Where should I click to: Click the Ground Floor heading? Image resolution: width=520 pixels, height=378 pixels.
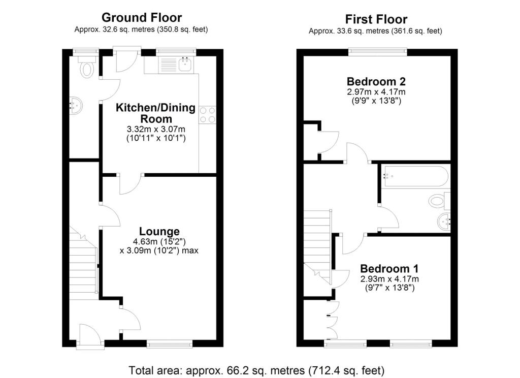pos(141,18)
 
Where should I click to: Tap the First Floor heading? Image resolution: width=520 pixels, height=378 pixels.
pos(376,19)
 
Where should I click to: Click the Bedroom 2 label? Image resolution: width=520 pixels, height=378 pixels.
pos(376,81)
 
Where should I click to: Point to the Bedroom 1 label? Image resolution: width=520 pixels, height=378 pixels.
pos(389,269)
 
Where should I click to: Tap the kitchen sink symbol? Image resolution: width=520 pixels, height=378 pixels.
pos(185,64)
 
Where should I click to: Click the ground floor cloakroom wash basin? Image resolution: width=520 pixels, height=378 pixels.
pos(75,106)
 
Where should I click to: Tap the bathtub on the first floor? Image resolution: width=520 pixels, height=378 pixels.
pos(415,176)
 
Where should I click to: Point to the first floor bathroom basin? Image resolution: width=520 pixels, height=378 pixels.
pos(445,221)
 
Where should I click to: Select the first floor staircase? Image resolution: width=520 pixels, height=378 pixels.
pos(317,239)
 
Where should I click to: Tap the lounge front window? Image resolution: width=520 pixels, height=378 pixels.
pos(170,344)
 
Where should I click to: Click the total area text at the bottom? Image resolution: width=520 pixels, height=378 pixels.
pos(256,369)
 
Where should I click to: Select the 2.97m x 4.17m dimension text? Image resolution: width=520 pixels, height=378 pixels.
pos(376,92)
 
